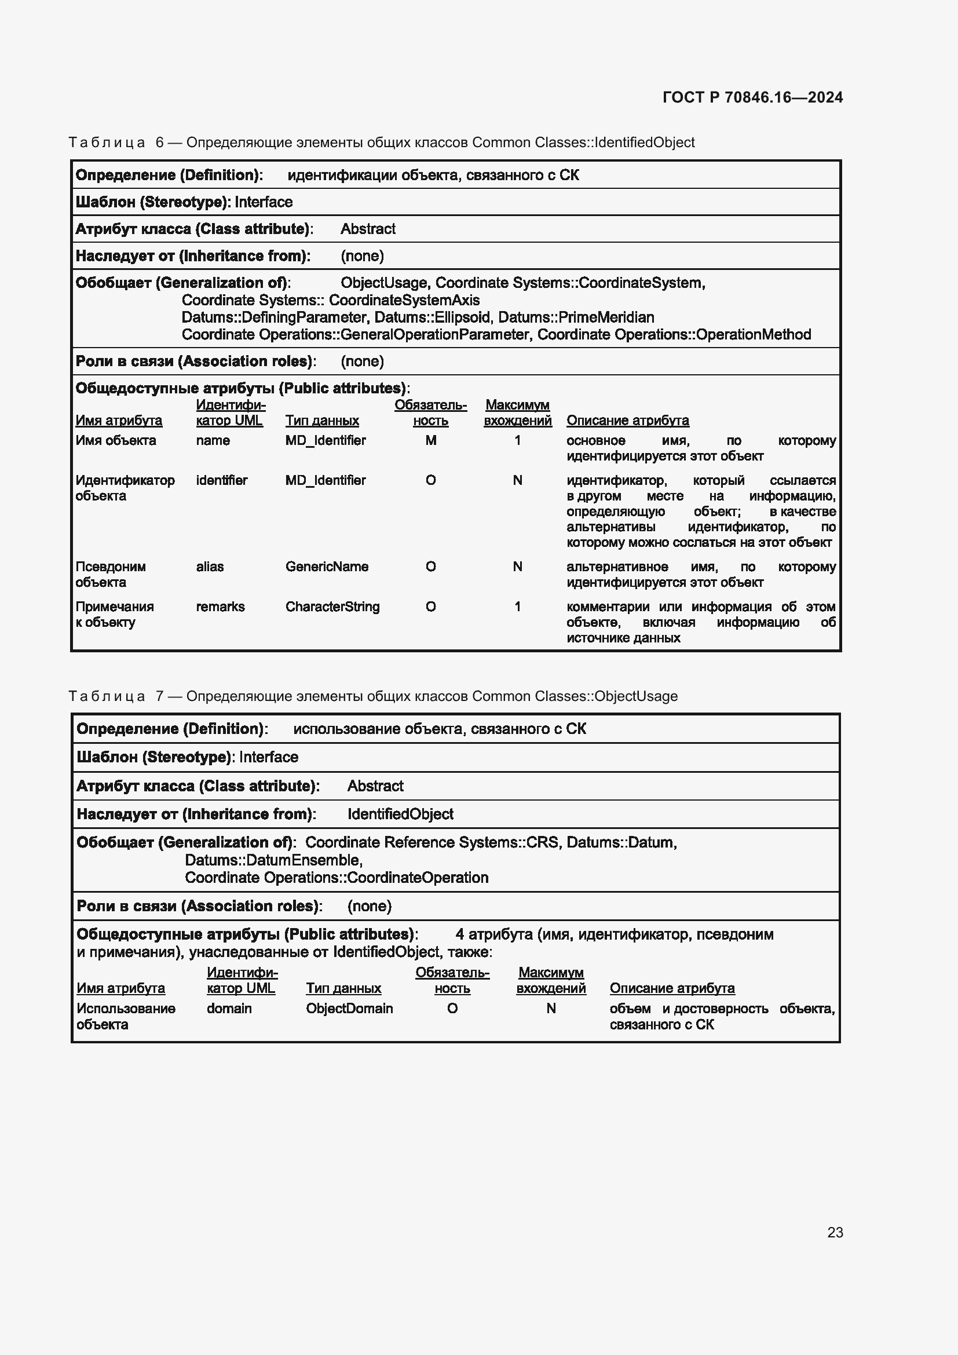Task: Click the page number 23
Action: pos(835,1232)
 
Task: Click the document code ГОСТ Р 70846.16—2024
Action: pos(752,97)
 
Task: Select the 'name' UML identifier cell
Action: pos(213,440)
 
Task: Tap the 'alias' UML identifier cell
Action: pos(210,567)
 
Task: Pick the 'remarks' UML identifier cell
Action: pos(220,607)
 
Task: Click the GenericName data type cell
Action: pos(327,567)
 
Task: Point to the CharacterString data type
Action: pos(332,607)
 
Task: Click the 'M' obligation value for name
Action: pos(430,440)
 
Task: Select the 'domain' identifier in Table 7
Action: pos(229,1009)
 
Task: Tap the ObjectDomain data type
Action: pos(349,1009)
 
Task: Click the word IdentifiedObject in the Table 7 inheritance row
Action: pos(400,815)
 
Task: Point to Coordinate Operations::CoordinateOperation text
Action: pos(337,878)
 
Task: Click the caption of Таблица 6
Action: pos(381,143)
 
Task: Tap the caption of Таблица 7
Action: pos(373,696)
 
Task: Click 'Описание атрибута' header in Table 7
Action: pos(672,988)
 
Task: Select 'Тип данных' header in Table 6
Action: pos(322,421)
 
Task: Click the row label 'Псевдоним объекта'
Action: pos(110,574)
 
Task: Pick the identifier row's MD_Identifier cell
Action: pos(325,480)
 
